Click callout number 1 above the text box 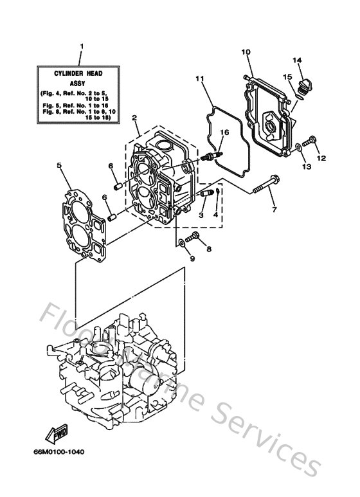pos(82,46)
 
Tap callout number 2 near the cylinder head pos(134,118)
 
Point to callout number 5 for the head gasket pos(59,165)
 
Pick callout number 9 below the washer pos(192,258)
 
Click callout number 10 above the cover pos(246,51)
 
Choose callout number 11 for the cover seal pos(199,79)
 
